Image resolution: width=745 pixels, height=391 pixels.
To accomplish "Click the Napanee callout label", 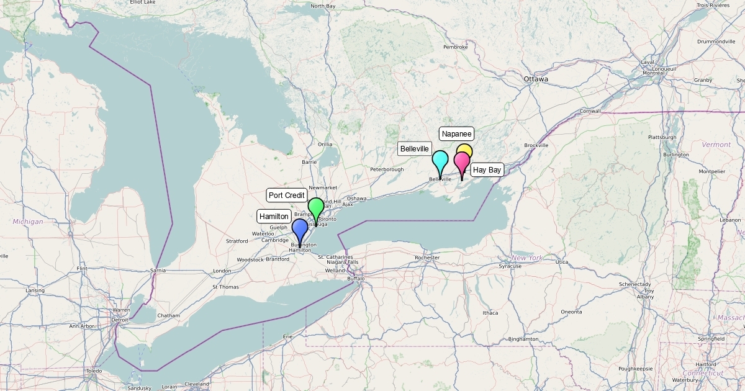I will (457, 133).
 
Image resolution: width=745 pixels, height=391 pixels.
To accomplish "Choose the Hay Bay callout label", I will (487, 169).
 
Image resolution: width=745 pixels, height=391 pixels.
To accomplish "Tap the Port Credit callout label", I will (287, 195).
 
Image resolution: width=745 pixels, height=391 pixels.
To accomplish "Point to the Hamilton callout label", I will (274, 217).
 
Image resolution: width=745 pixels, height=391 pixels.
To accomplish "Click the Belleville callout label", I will (415, 149).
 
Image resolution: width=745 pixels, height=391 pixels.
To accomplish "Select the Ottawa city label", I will (536, 79).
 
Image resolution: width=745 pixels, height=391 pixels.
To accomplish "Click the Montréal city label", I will (653, 73).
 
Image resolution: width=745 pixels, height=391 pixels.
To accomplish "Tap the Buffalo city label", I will (356, 279).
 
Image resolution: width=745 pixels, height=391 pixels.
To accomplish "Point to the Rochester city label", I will (427, 258).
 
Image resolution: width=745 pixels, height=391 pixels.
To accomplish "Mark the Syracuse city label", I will (510, 266).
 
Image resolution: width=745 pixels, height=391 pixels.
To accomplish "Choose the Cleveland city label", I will (197, 384).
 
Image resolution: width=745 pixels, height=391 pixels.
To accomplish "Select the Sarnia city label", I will (159, 271).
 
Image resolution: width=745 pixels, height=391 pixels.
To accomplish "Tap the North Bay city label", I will (323, 6).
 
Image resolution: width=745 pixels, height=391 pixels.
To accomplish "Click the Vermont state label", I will (716, 145).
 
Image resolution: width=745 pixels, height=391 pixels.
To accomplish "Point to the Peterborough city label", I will (387, 169).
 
